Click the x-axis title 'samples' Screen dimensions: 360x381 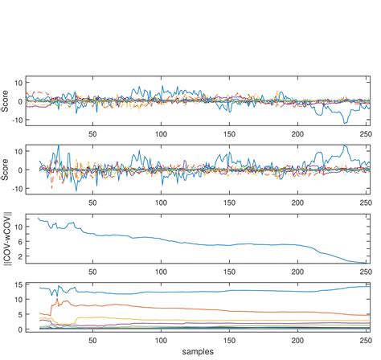point(198,352)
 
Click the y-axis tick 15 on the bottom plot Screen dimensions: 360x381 point(18,284)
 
